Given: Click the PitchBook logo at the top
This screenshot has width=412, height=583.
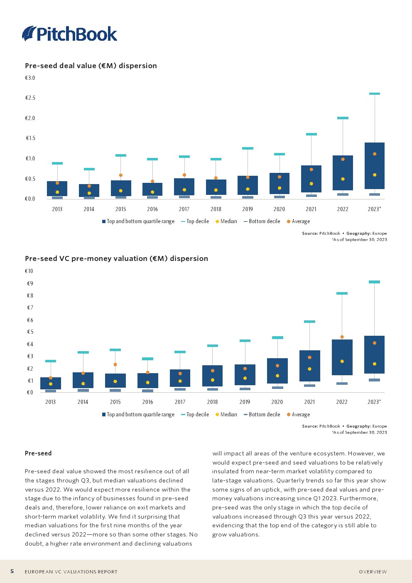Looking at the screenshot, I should pyautogui.click(x=69, y=34).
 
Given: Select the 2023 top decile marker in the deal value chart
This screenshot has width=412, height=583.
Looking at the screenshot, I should pyautogui.click(x=375, y=94).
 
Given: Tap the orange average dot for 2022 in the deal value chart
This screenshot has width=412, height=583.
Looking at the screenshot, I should pyautogui.click(x=343, y=159).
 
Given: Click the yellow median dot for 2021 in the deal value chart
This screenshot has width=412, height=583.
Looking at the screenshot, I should pyautogui.click(x=311, y=184).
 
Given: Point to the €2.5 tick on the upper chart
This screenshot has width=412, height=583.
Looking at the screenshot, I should pyautogui.click(x=30, y=98).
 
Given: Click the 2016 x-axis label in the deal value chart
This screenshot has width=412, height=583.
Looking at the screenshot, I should pyautogui.click(x=152, y=209).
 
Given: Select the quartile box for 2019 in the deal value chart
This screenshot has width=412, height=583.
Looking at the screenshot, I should pyautogui.click(x=248, y=185).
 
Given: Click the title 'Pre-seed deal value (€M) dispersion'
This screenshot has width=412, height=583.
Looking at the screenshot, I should pyautogui.click(x=91, y=66).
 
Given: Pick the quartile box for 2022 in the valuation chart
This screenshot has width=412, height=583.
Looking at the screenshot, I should pyautogui.click(x=342, y=357).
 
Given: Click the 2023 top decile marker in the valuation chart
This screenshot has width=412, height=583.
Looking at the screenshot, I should pyautogui.click(x=374, y=282).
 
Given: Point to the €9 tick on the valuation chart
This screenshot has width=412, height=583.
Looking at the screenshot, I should pyautogui.click(x=30, y=283).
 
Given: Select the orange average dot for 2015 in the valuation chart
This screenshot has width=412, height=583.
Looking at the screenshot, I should pyautogui.click(x=115, y=364).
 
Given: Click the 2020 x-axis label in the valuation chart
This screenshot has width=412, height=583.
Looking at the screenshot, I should pyautogui.click(x=277, y=402).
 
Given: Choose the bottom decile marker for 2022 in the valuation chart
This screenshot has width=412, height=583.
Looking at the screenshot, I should pyautogui.click(x=342, y=384).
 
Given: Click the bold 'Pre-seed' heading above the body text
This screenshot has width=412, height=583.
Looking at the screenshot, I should pyautogui.click(x=38, y=453).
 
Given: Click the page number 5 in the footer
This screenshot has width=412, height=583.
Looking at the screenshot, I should pyautogui.click(x=12, y=571).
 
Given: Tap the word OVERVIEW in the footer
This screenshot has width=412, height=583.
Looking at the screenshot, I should pyautogui.click(x=373, y=572).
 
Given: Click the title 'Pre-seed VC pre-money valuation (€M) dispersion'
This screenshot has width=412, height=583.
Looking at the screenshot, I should pyautogui.click(x=116, y=258).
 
